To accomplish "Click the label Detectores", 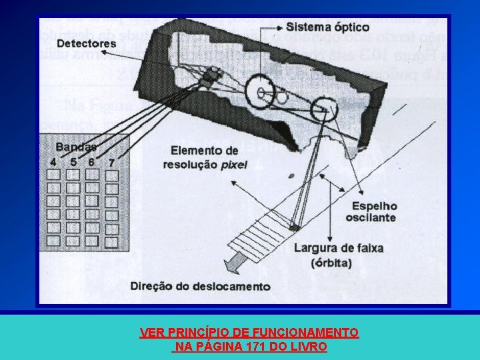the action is click(x=87, y=44).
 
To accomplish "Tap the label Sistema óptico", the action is click(x=327, y=27).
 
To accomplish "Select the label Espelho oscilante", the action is click(x=371, y=212).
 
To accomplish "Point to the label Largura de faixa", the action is click(x=339, y=249).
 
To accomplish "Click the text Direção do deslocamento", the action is click(x=201, y=287).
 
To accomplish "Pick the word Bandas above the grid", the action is click(x=76, y=147).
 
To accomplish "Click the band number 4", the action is click(x=53, y=162).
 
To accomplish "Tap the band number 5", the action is click(x=73, y=162).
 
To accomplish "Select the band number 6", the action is click(x=91, y=162).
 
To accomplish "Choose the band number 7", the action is click(x=111, y=162).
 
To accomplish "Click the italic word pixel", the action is click(x=233, y=165).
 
